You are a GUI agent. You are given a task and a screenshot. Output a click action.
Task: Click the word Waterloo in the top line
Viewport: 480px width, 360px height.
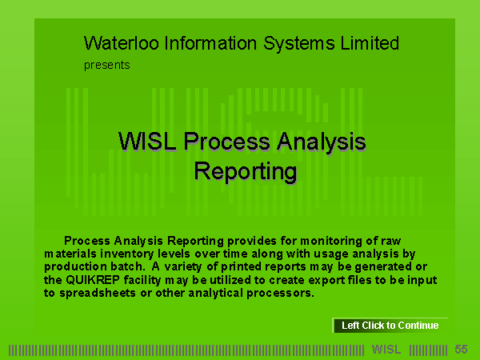pyautogui.click(x=122, y=43)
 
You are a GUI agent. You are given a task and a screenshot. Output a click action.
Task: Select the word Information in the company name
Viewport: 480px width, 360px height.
pyautogui.click(x=210, y=43)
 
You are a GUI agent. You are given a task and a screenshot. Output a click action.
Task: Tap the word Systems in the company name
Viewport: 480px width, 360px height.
pyautogui.click(x=298, y=44)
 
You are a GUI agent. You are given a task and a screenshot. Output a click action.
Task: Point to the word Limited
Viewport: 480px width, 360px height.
pyautogui.click(x=370, y=43)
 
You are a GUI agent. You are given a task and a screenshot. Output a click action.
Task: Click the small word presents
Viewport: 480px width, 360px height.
pyautogui.click(x=107, y=66)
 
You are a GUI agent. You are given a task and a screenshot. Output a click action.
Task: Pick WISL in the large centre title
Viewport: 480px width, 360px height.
pyautogui.click(x=147, y=142)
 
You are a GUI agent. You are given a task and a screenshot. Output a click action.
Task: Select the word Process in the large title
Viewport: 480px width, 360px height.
pyautogui.click(x=227, y=142)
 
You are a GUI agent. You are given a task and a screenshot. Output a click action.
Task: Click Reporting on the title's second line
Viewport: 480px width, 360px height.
pyautogui.click(x=246, y=172)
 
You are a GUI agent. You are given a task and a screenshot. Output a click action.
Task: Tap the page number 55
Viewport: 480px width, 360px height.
pyautogui.click(x=461, y=350)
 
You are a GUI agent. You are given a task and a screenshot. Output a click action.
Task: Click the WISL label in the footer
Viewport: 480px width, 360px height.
pyautogui.click(x=386, y=350)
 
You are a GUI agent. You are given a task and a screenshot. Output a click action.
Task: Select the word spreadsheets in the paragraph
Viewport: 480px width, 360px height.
pyautogui.click(x=98, y=294)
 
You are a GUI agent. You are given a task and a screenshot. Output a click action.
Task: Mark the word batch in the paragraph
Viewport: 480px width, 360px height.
pyautogui.click(x=127, y=266)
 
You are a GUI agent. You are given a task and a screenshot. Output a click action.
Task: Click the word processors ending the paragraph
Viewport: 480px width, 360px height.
pyautogui.click(x=281, y=294)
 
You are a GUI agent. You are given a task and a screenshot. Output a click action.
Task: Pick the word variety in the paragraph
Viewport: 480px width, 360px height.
pyautogui.click(x=183, y=267)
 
